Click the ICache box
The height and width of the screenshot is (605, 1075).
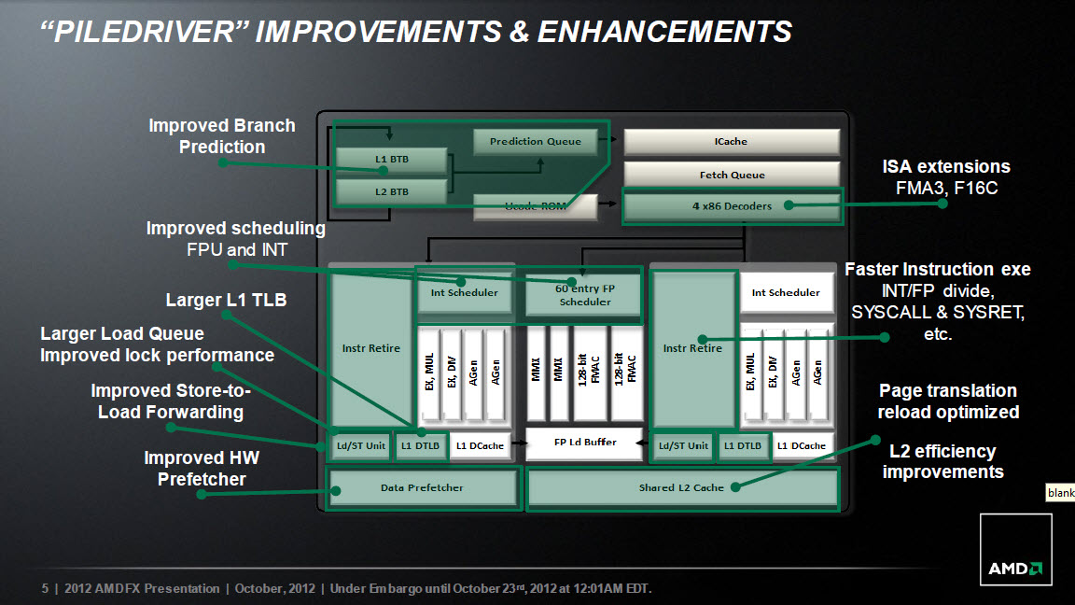[732, 141]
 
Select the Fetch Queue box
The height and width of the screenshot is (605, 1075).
[732, 175]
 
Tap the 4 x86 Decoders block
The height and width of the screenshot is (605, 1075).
[733, 205]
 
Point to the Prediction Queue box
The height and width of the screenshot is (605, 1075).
[535, 141]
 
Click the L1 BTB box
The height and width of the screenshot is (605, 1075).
[392, 159]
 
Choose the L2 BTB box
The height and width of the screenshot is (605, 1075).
[392, 192]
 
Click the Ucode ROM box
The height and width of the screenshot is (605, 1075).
[535, 206]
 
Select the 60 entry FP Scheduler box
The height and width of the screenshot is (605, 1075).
[584, 295]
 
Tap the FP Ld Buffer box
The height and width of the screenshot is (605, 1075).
[585, 443]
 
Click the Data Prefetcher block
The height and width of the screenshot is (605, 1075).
[423, 487]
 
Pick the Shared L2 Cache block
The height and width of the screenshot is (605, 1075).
[682, 487]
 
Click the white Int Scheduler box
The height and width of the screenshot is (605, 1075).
[786, 293]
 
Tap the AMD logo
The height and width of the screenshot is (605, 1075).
[1015, 549]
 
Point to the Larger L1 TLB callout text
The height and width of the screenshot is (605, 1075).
[226, 301]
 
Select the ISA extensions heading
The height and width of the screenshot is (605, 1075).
[945, 167]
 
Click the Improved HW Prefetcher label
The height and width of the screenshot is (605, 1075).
[202, 469]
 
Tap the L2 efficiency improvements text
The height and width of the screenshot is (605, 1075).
[942, 461]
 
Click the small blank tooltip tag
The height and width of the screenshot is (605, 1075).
[1060, 493]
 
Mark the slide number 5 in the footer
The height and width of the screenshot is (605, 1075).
[45, 588]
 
